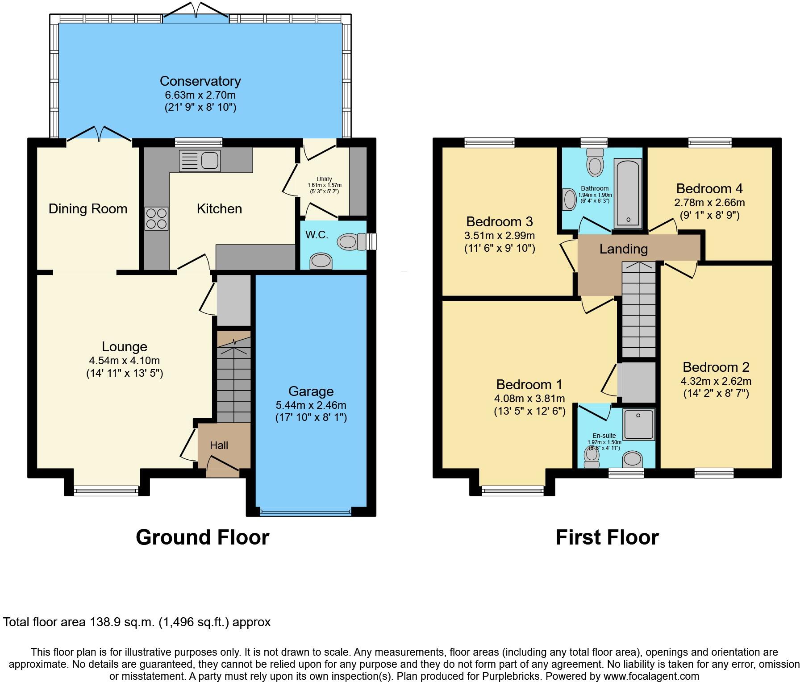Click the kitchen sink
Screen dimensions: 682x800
(x=200, y=161)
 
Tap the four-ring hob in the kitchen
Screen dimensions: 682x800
(x=156, y=219)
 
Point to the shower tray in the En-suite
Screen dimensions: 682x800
(x=639, y=424)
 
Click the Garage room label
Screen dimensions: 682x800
(x=311, y=391)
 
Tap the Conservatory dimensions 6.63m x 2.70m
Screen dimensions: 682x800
(x=200, y=95)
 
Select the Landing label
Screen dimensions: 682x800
(x=623, y=249)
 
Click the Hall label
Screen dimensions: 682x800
(x=219, y=445)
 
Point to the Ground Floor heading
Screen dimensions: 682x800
(x=202, y=537)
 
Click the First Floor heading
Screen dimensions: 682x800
(x=607, y=537)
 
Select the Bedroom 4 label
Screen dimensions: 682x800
(x=709, y=188)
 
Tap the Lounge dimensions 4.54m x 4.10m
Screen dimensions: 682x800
(x=124, y=360)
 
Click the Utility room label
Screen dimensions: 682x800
(x=324, y=179)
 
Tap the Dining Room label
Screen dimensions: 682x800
(x=88, y=208)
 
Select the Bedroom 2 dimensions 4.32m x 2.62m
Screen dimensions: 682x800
(x=716, y=381)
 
